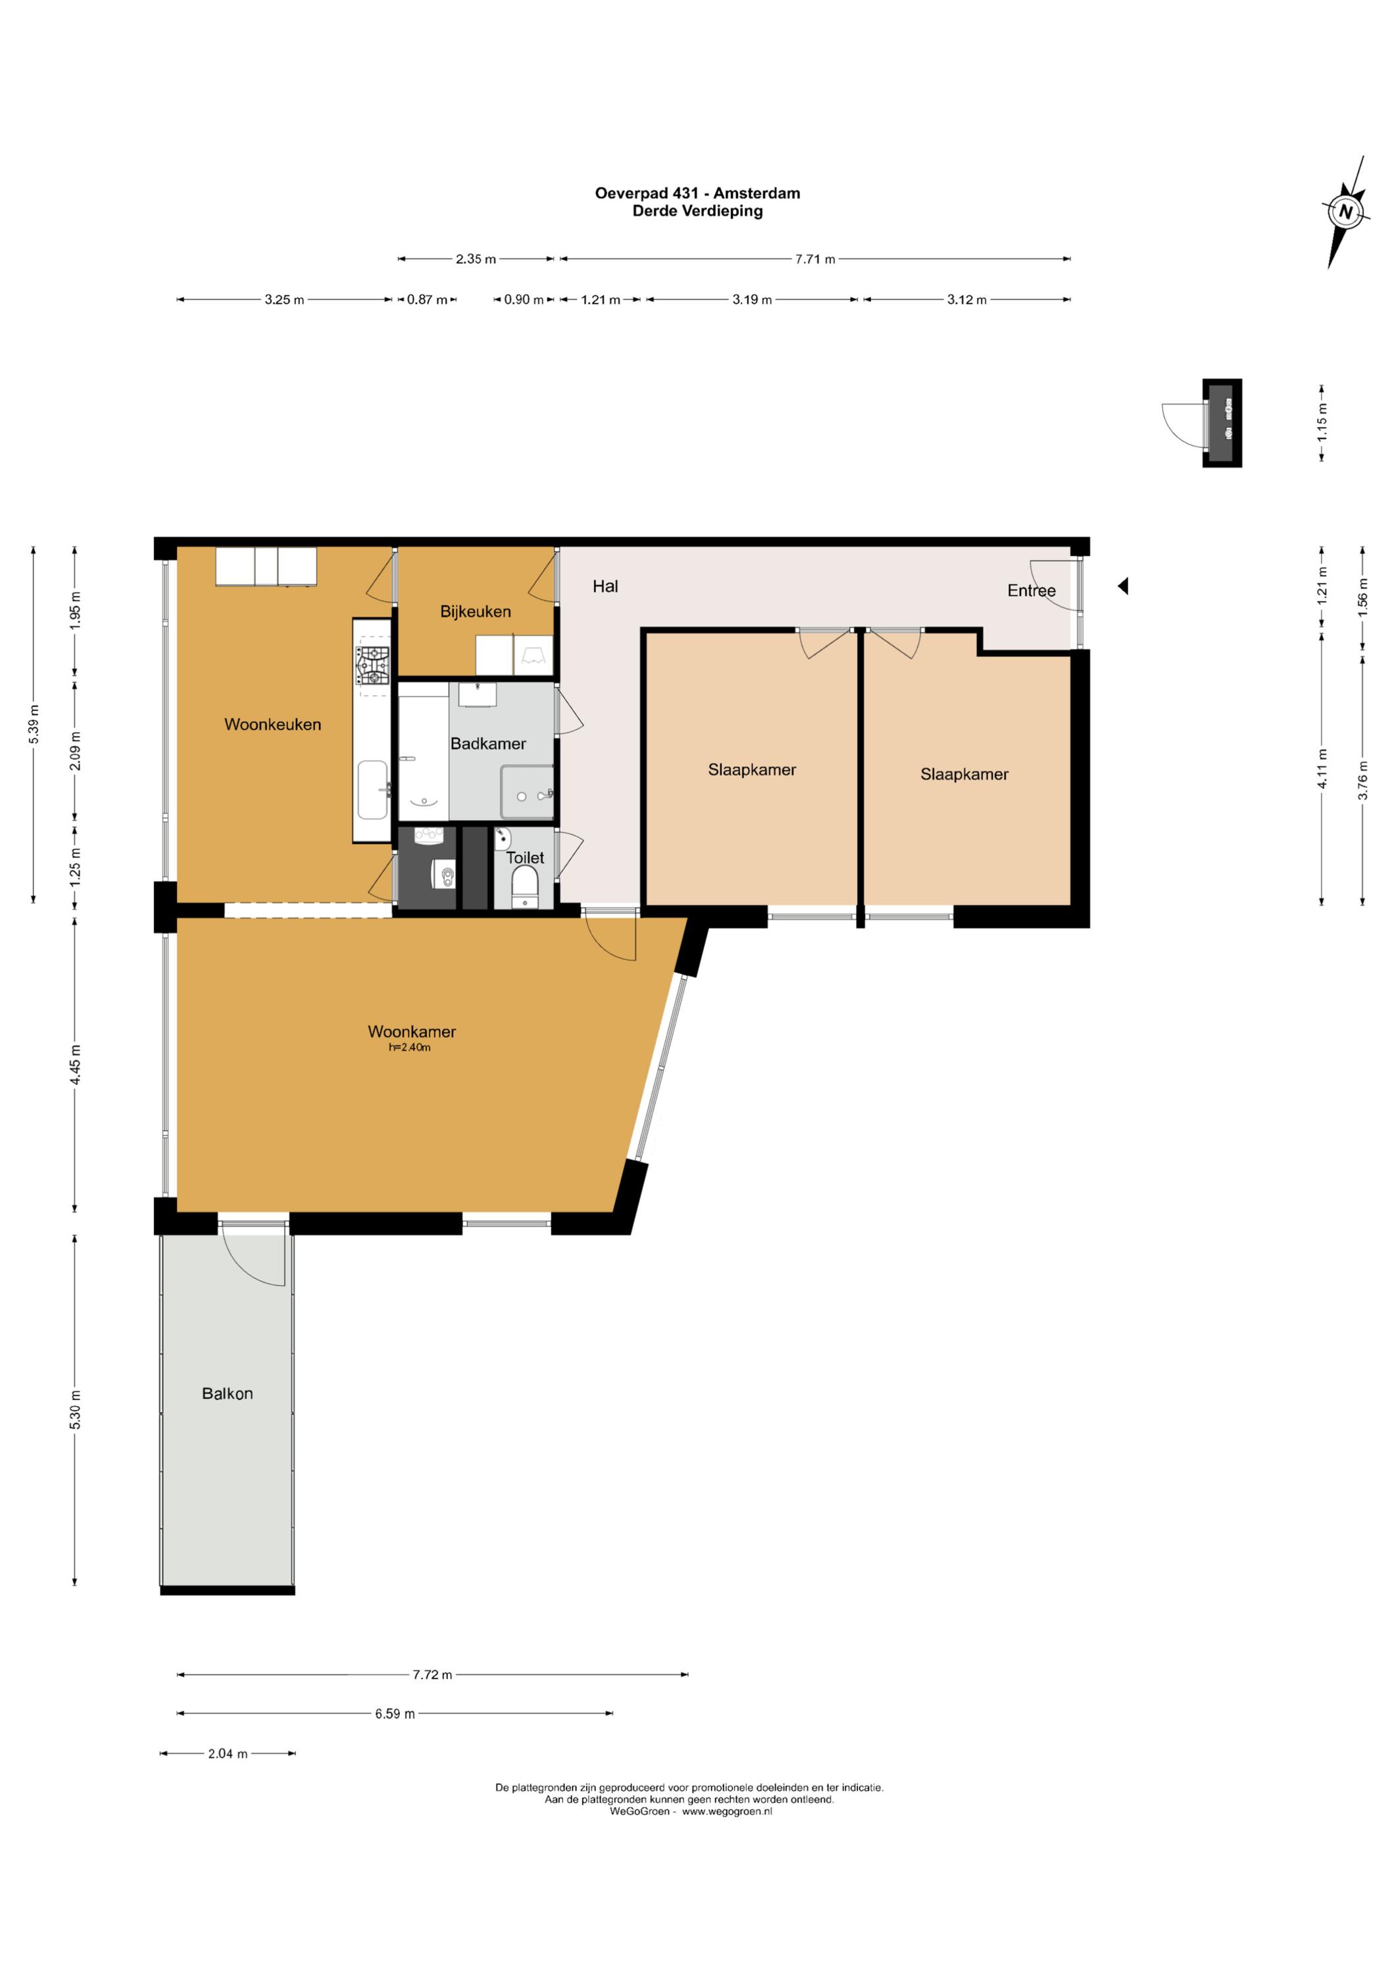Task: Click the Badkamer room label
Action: pos(488,743)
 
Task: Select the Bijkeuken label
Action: pos(476,611)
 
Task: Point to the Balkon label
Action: pos(227,1393)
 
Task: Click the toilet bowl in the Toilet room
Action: pos(524,883)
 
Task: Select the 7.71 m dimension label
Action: pos(815,258)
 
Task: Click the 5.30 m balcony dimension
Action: pos(75,1409)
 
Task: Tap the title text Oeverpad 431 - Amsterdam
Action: pos(697,193)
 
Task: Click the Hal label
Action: pos(605,586)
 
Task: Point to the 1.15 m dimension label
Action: pos(1322,422)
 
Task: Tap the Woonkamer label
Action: pos(412,1031)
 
